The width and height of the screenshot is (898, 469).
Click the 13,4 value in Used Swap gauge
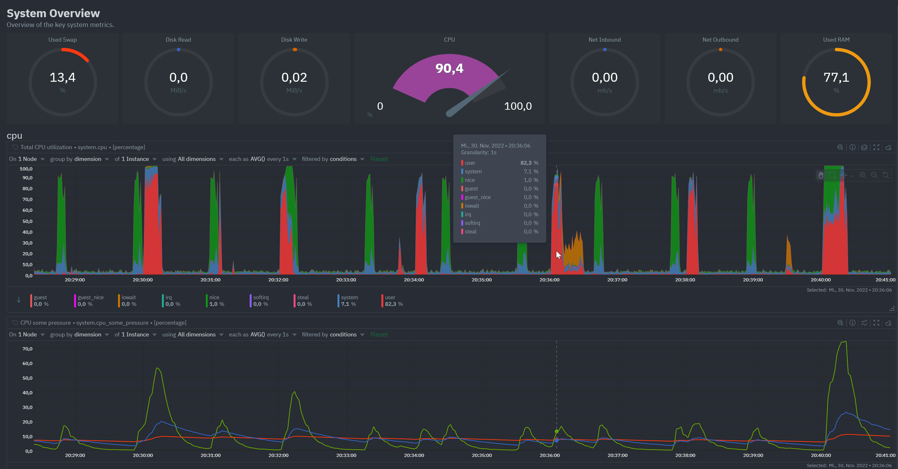click(x=62, y=77)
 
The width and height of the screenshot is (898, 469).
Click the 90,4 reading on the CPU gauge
click(x=449, y=68)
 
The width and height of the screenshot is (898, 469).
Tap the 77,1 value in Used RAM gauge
click(x=836, y=77)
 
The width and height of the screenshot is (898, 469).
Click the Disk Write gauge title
click(x=294, y=40)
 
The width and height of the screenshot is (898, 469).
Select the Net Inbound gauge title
click(x=604, y=40)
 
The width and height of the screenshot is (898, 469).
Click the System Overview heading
click(x=53, y=13)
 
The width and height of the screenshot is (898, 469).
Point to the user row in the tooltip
click(x=499, y=163)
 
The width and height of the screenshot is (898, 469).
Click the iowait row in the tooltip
click(x=499, y=206)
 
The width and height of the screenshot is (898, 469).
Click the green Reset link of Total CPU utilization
click(x=379, y=159)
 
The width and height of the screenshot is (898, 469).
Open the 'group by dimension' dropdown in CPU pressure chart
click(x=79, y=335)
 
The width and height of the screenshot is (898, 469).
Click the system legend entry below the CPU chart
click(x=349, y=300)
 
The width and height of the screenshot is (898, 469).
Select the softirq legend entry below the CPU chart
click(x=261, y=300)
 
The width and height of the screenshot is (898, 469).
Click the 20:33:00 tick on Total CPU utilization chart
click(x=346, y=280)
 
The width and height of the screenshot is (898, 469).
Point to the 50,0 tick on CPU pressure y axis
click(x=27, y=378)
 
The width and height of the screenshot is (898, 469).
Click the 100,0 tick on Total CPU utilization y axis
click(x=26, y=169)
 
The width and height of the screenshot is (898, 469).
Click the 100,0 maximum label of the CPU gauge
click(x=518, y=106)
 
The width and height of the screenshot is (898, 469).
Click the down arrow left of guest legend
click(x=19, y=300)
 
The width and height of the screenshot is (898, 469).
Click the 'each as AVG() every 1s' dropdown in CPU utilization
click(x=262, y=159)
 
